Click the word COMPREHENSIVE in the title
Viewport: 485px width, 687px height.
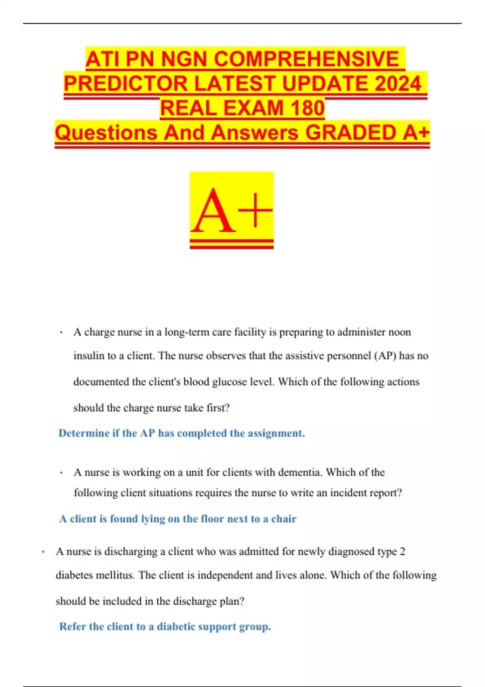point(306,59)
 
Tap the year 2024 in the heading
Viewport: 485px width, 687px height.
point(398,84)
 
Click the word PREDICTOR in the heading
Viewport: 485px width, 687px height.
point(126,84)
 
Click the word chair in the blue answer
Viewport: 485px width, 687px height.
point(284,519)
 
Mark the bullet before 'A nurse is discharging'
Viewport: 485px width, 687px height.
point(43,552)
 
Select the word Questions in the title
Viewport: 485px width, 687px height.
point(106,133)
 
